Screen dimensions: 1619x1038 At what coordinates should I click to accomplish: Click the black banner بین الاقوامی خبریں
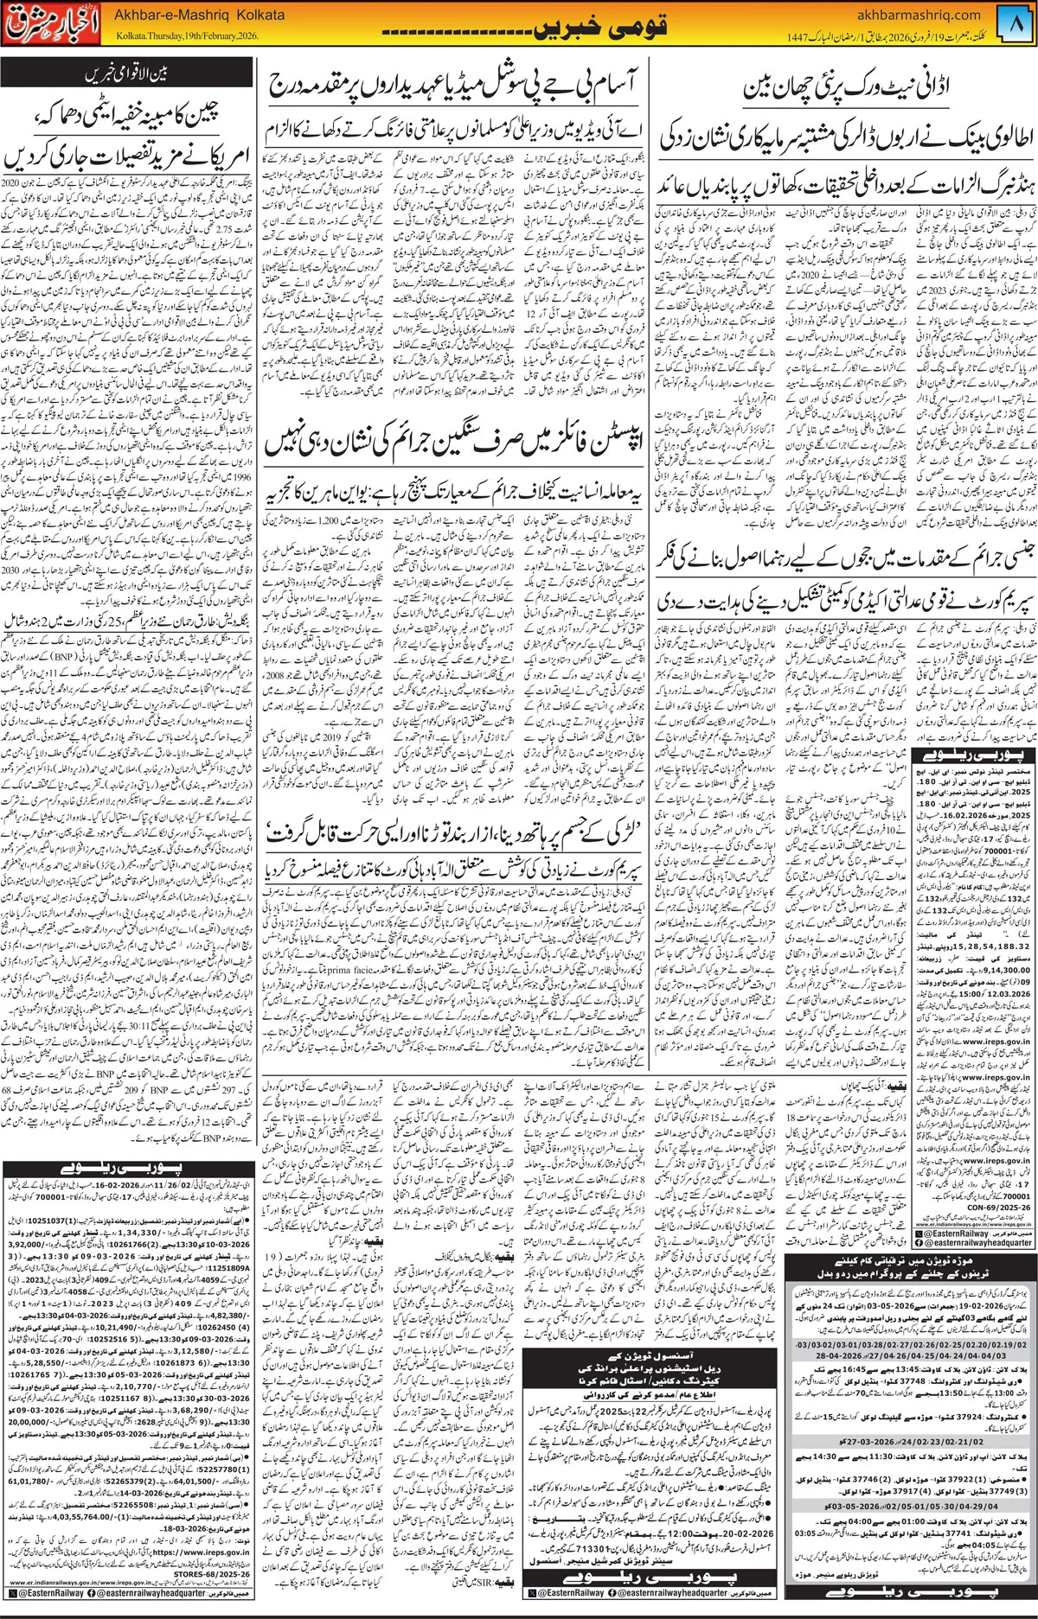coord(127,75)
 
